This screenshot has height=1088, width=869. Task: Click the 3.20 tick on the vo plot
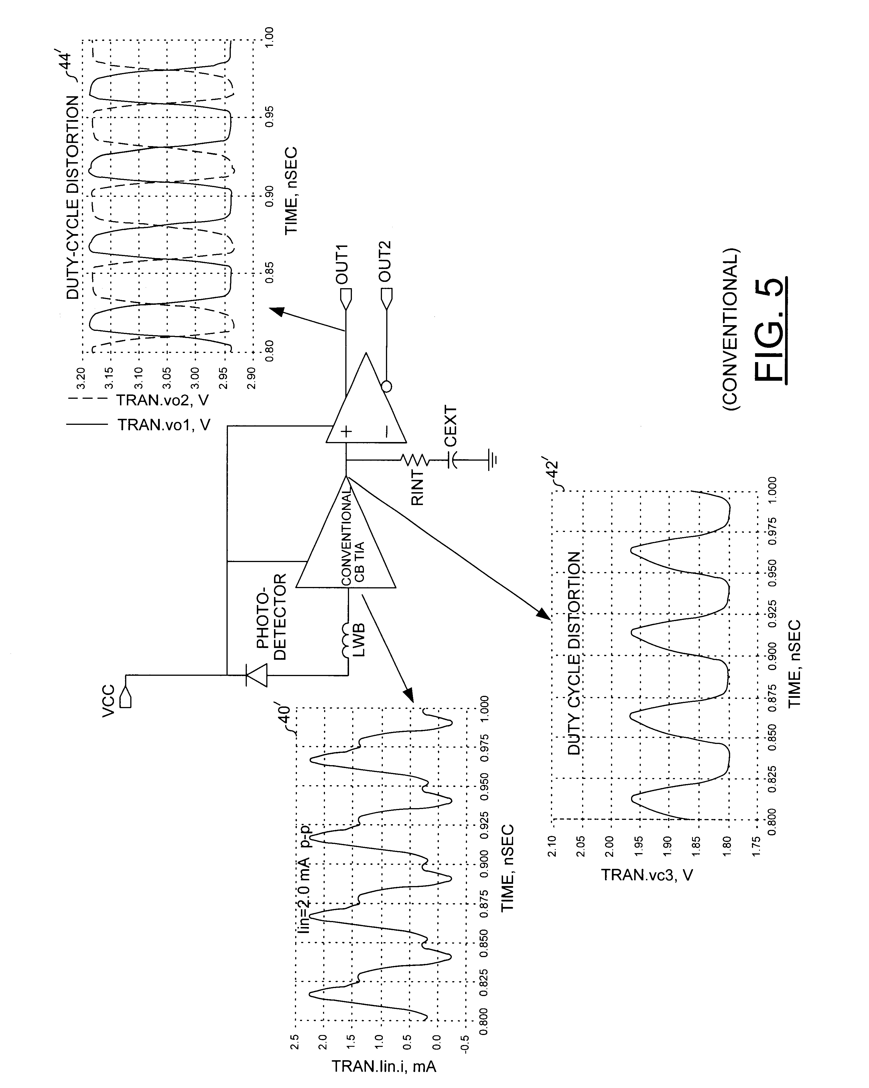point(81,376)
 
